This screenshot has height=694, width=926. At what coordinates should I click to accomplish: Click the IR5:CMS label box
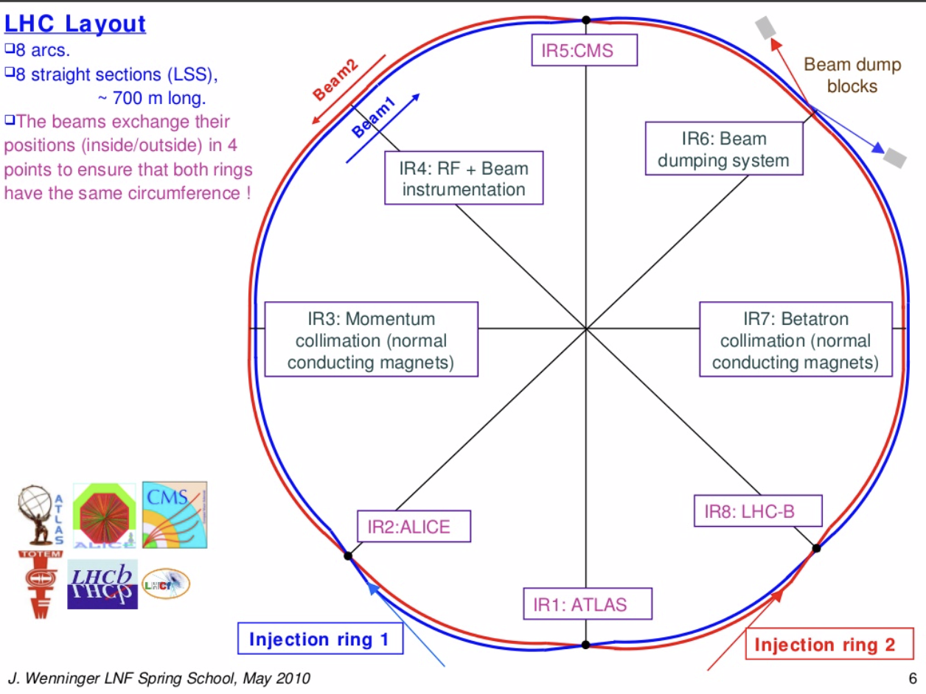pos(585,52)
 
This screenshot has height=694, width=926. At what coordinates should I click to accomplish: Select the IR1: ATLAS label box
pos(588,604)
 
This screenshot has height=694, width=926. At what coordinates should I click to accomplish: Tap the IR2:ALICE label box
pos(414,527)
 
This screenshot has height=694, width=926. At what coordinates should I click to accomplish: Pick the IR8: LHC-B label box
pos(758,511)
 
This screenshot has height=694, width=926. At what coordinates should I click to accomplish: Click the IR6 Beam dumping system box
pos(723,149)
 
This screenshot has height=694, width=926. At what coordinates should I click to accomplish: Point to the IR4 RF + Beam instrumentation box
pos(464,178)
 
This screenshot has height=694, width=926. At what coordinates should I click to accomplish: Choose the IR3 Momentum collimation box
pos(371,340)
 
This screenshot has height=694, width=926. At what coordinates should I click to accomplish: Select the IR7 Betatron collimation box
pos(795,340)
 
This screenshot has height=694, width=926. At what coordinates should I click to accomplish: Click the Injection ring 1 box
pos(321,639)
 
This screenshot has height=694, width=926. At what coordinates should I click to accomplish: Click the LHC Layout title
pos(75,24)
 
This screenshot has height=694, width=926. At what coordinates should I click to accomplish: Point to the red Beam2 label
pos(336,79)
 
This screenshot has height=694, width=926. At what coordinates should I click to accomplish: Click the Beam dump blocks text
pos(852,75)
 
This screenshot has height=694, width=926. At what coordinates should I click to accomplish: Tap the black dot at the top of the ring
pos(585,21)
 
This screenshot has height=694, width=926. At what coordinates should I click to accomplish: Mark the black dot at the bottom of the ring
pos(585,645)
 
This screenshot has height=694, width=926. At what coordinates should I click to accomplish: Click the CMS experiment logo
pos(175,515)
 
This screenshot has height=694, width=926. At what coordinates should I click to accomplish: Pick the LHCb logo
pos(102,583)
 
